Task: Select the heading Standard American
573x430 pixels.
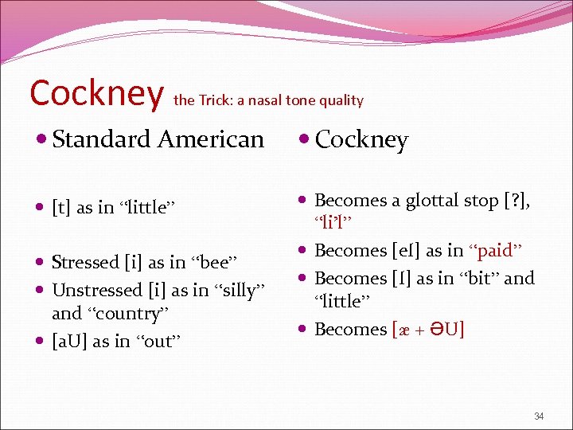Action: pos(158,139)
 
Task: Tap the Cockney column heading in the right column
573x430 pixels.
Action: pos(361,140)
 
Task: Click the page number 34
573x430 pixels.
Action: pos(539,416)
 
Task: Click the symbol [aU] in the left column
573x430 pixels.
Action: pos(70,341)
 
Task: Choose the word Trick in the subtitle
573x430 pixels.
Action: pos(214,100)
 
